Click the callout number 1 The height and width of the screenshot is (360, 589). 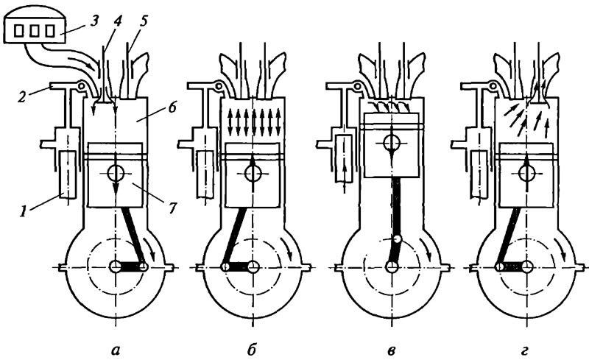(x=24, y=212)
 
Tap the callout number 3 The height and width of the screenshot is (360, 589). (x=94, y=21)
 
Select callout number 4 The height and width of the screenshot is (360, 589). (x=118, y=21)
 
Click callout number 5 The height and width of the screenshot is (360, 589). (x=143, y=21)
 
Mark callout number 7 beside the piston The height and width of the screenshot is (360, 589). (x=172, y=208)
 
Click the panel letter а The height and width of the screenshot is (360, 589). (x=116, y=350)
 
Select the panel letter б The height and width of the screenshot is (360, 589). (x=252, y=349)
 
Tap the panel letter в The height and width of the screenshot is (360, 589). (x=391, y=350)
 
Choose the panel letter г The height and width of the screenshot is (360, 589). (x=525, y=350)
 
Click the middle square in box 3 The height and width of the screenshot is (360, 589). (x=34, y=31)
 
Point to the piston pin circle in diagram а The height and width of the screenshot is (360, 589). (x=116, y=173)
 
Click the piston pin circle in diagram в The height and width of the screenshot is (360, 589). (x=392, y=143)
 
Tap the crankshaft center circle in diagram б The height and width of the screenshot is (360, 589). (x=253, y=267)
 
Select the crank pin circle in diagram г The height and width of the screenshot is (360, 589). (x=500, y=267)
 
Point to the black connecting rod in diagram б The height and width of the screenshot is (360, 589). (x=236, y=235)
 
